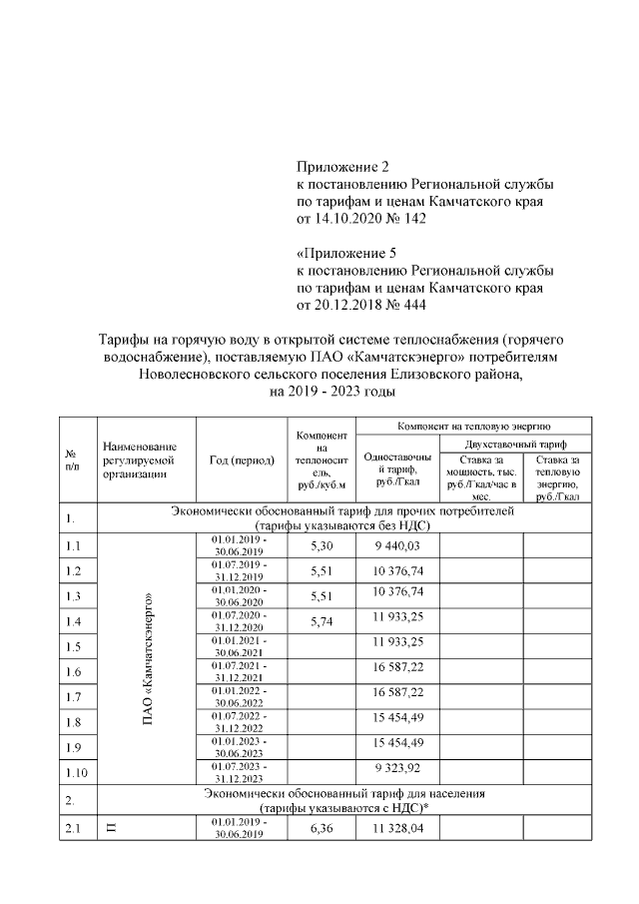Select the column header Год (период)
coord(242,459)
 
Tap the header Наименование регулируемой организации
coord(139,459)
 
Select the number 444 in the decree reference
coord(412,303)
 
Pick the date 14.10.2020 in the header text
coord(345,218)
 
